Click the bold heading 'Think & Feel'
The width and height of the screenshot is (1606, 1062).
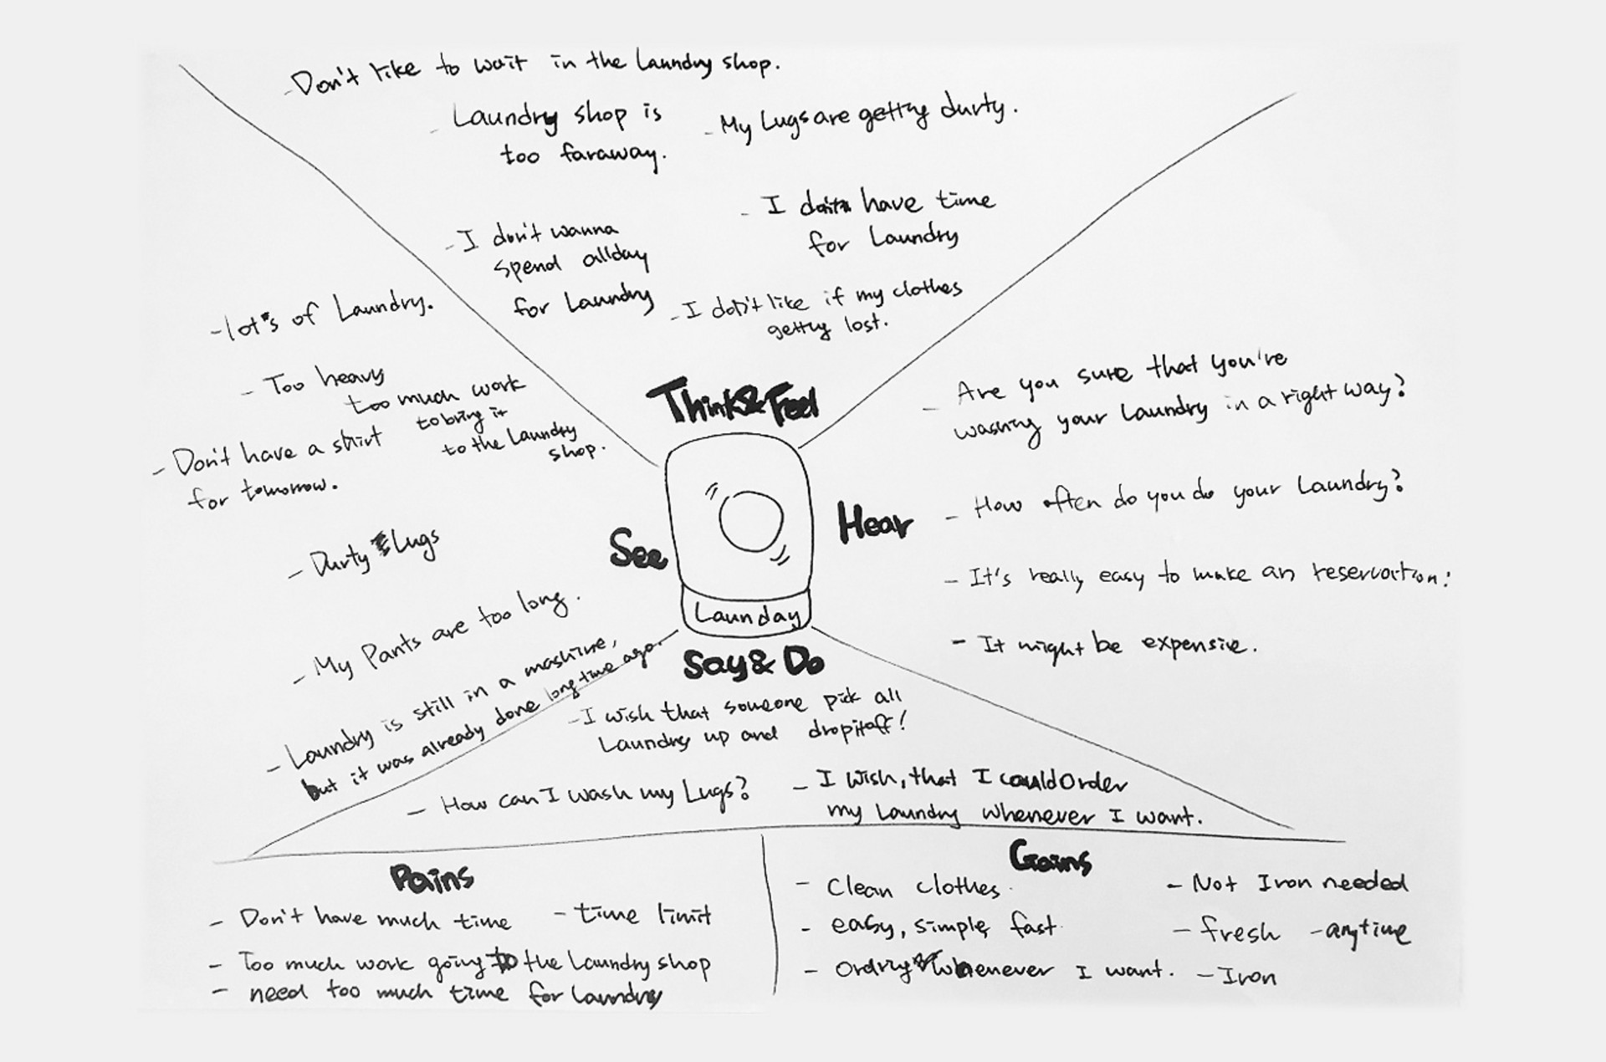(733, 402)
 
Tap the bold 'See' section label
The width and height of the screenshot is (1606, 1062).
(637, 550)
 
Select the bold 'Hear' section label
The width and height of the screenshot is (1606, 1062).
(874, 523)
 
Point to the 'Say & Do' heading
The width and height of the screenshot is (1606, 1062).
(753, 665)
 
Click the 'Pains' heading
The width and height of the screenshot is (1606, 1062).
(432, 878)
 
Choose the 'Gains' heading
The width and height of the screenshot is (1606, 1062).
(1050, 858)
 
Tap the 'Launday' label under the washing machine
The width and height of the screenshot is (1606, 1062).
(746, 615)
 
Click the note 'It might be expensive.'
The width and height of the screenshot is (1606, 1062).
(1104, 645)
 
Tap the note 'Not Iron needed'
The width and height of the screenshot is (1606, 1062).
(1298, 882)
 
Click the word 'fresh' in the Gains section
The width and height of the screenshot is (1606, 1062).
(1239, 931)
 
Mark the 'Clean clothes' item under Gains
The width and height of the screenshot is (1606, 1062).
(912, 887)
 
